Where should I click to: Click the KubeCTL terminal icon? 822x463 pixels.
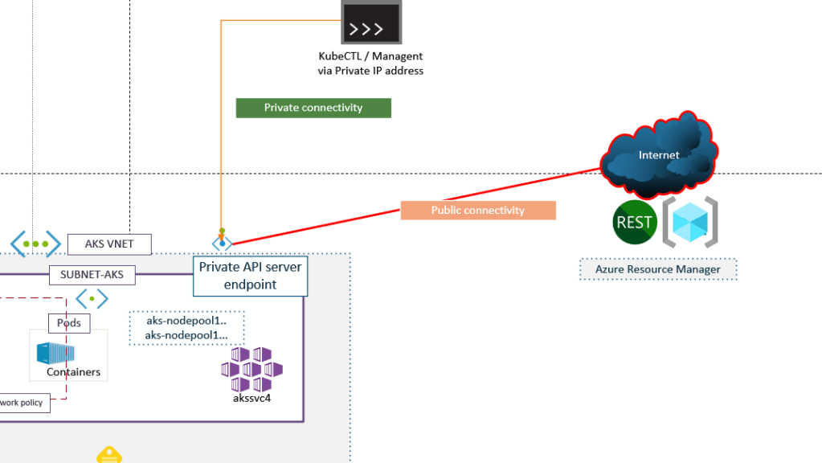click(x=370, y=23)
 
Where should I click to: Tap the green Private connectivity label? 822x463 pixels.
click(x=313, y=108)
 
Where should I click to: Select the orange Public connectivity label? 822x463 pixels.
click(x=478, y=211)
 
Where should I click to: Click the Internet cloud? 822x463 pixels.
click(x=659, y=155)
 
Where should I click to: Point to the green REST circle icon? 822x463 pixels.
click(x=634, y=223)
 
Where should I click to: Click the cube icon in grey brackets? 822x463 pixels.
click(x=689, y=222)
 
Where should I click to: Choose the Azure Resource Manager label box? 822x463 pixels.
click(x=658, y=269)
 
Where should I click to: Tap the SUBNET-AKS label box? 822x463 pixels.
click(x=92, y=275)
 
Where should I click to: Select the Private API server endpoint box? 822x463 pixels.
click(x=250, y=275)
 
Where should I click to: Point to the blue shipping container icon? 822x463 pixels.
click(x=55, y=353)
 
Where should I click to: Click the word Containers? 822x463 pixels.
click(x=73, y=372)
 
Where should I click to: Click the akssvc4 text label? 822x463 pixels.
click(x=252, y=397)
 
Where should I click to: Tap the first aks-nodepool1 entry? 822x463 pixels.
click(x=186, y=320)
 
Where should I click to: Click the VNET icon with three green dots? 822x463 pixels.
click(x=35, y=244)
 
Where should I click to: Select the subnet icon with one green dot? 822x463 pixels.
click(x=92, y=300)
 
